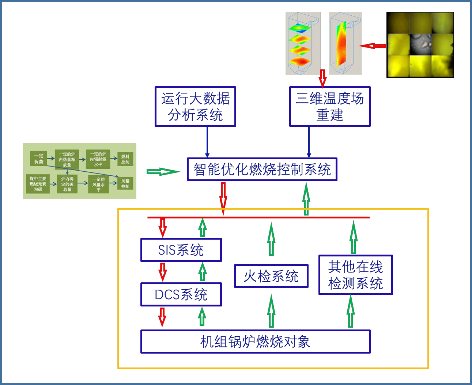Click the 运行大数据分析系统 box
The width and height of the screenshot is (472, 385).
[x=195, y=106]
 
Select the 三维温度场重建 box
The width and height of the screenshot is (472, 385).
[x=330, y=106]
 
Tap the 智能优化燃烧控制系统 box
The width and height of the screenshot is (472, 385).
[x=262, y=169]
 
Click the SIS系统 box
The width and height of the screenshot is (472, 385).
[x=181, y=250]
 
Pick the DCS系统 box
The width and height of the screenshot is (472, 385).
[x=181, y=294]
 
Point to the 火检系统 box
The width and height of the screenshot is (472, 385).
[x=271, y=276]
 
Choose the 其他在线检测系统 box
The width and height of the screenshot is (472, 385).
[x=355, y=275]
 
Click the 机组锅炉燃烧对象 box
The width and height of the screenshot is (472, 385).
[x=255, y=342]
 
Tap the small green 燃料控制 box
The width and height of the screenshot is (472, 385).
[x=125, y=159]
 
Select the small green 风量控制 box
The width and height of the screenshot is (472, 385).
[x=125, y=183]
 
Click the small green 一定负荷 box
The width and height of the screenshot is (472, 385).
[x=38, y=159]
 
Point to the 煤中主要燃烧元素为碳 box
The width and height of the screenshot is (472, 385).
[x=38, y=184]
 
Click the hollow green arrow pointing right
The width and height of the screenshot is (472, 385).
[x=163, y=172]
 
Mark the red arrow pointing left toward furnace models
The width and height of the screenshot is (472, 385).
[x=372, y=46]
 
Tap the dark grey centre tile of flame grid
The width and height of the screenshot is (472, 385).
[x=420, y=45]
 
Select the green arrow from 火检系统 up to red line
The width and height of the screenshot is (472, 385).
[x=271, y=239]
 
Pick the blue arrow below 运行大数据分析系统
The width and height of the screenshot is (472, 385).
[x=207, y=142]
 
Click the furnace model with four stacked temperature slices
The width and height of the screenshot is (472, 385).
[x=303, y=43]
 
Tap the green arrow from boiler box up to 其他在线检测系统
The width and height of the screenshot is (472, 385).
[x=350, y=311]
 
